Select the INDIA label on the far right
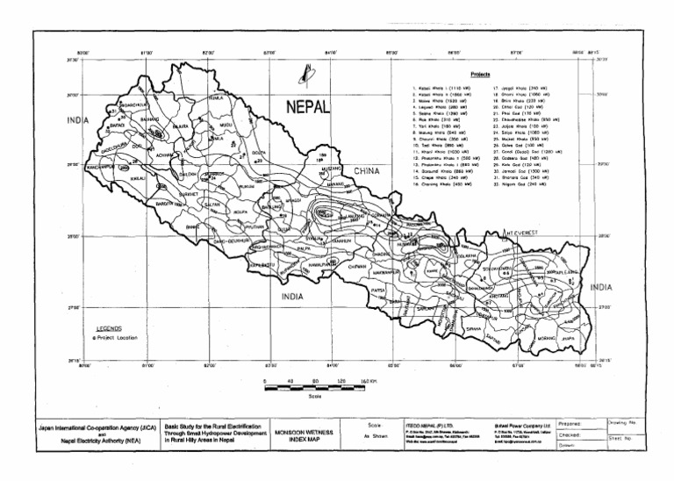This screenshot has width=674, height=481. click(601, 287)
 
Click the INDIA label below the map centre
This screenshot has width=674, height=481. click(292, 297)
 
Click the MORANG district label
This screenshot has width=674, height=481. click(547, 337)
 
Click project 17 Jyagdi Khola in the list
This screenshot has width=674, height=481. click(523, 89)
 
